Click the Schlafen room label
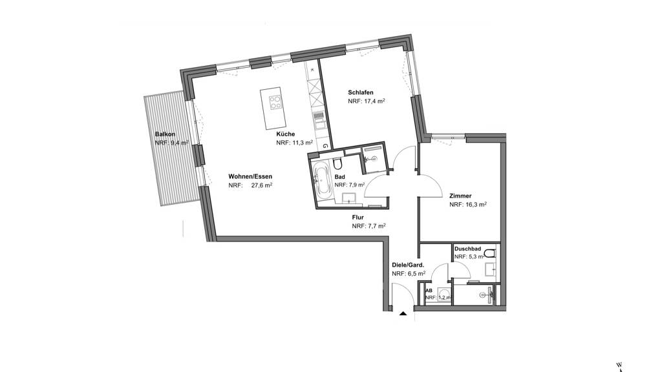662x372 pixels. tap(361, 92)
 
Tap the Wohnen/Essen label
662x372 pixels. tap(250, 176)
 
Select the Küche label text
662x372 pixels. tap(286, 134)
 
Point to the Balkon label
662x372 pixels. tap(165, 134)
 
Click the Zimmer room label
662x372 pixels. tap(460, 196)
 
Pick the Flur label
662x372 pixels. tap(358, 217)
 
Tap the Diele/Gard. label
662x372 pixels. tap(408, 265)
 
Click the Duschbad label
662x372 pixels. tap(468, 249)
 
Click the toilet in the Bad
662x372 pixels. tap(337, 162)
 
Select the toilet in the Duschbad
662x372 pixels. tap(490, 253)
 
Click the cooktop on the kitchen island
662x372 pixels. tap(275, 102)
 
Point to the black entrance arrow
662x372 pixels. tap(403, 313)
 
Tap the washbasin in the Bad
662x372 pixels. tap(349, 198)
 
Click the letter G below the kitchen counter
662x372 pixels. tap(325, 146)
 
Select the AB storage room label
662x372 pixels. tap(429, 291)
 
